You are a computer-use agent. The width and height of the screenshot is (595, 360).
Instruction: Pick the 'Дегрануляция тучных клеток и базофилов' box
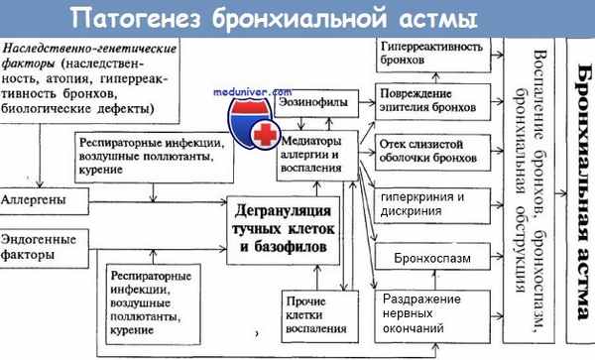(289, 227)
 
